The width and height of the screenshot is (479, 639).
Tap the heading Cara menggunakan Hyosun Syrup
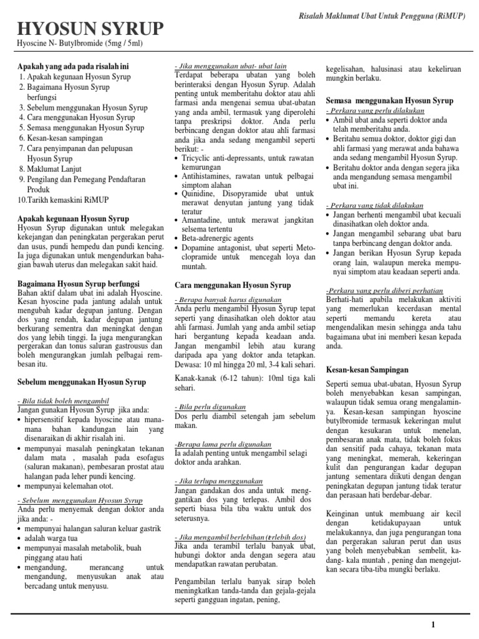coord(233,285)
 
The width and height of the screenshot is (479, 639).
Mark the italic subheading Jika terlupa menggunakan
coord(219,481)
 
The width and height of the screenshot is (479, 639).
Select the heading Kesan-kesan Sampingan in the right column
coord(367,370)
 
